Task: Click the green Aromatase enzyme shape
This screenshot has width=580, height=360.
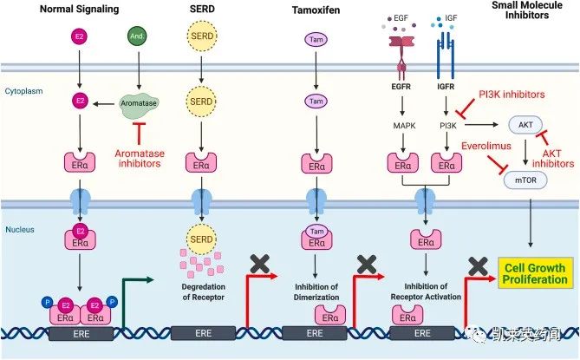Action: click(x=136, y=102)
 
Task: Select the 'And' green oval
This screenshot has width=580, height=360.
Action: click(x=136, y=39)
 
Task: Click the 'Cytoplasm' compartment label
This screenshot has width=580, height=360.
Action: click(x=25, y=89)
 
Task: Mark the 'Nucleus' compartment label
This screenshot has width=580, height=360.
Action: click(x=21, y=231)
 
